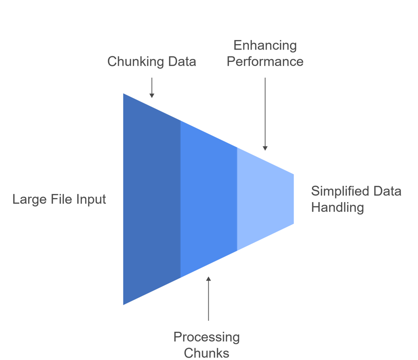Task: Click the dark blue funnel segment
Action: (x=151, y=198)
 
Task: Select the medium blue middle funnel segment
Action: (x=208, y=198)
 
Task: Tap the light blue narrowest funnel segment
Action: (x=265, y=198)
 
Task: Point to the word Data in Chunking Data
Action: (x=182, y=62)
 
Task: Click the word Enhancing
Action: (x=265, y=46)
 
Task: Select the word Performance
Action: (x=265, y=62)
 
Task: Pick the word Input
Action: (x=92, y=200)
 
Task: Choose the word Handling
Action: (x=337, y=207)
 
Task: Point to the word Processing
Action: (x=206, y=337)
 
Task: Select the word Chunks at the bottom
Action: (x=206, y=353)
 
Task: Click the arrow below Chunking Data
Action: (x=152, y=88)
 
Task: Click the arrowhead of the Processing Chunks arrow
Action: (x=208, y=279)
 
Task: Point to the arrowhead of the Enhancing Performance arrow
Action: (x=265, y=148)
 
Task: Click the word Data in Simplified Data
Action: (x=387, y=191)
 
